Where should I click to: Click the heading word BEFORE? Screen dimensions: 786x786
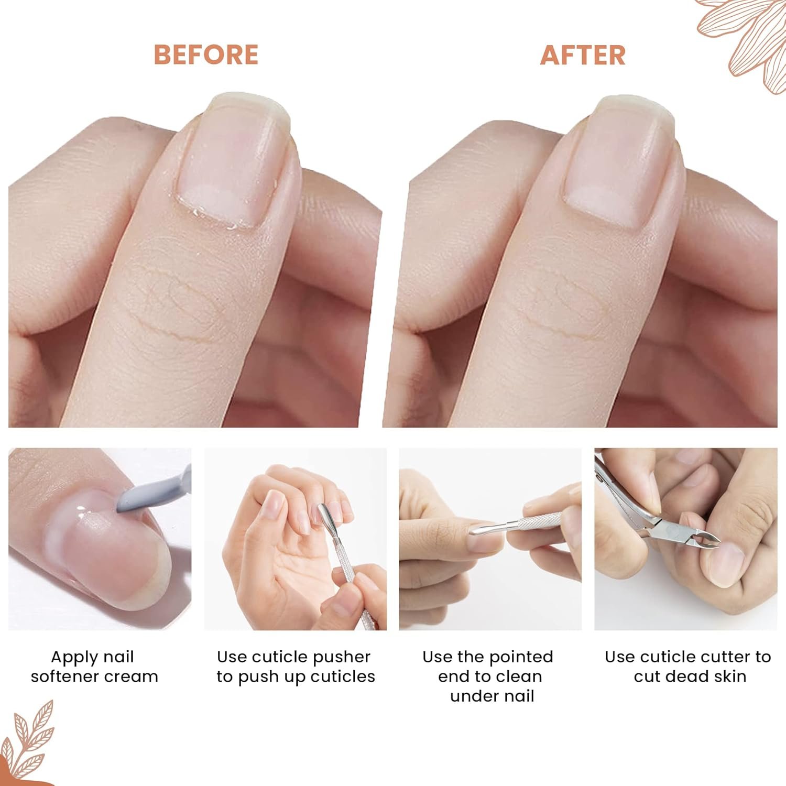point(206,55)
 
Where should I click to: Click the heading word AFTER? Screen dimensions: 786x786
point(583,55)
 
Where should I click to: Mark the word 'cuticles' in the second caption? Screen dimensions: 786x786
point(343,676)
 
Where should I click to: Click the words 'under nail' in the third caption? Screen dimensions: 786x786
point(492,696)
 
